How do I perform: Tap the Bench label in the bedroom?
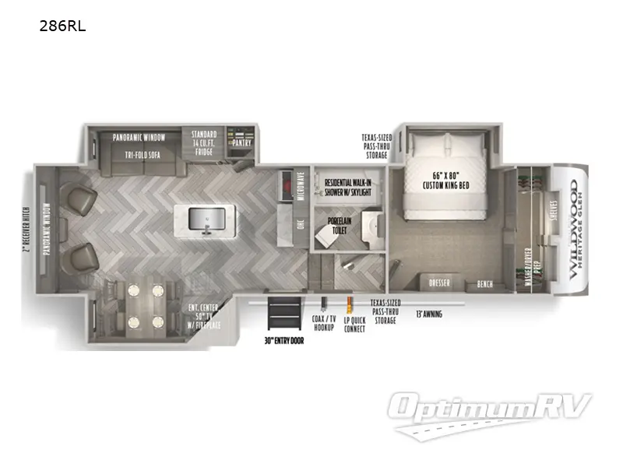pyautogui.click(x=484, y=284)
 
